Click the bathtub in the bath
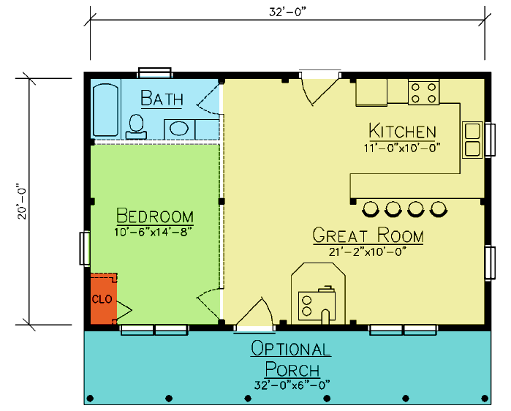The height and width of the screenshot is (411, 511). point(105,110)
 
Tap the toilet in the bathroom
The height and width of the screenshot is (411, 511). point(136,127)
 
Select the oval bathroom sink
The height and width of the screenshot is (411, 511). point(179,128)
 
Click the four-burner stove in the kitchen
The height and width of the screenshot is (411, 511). point(424,93)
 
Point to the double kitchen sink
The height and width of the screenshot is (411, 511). point(472,140)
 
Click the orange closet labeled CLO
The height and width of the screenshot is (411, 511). point(104,299)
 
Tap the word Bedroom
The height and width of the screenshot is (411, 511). point(155,216)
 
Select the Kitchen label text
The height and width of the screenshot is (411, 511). point(403,131)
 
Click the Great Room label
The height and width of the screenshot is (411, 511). point(368,235)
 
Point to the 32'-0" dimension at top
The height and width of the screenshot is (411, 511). point(287,12)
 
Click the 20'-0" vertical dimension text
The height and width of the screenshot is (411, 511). point(22,202)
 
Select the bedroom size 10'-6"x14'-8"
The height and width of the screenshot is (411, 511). point(153,232)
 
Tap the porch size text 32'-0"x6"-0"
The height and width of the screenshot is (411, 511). point(292,385)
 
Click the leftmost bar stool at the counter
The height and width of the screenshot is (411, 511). point(371,209)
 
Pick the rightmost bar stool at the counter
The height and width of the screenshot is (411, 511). point(439,209)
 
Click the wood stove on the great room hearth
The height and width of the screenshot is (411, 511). point(317,304)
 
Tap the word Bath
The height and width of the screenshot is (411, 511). point(162,98)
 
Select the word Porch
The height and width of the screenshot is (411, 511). point(292,369)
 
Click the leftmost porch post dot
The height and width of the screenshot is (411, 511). point(91,399)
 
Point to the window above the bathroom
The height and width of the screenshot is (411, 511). point(155,72)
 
